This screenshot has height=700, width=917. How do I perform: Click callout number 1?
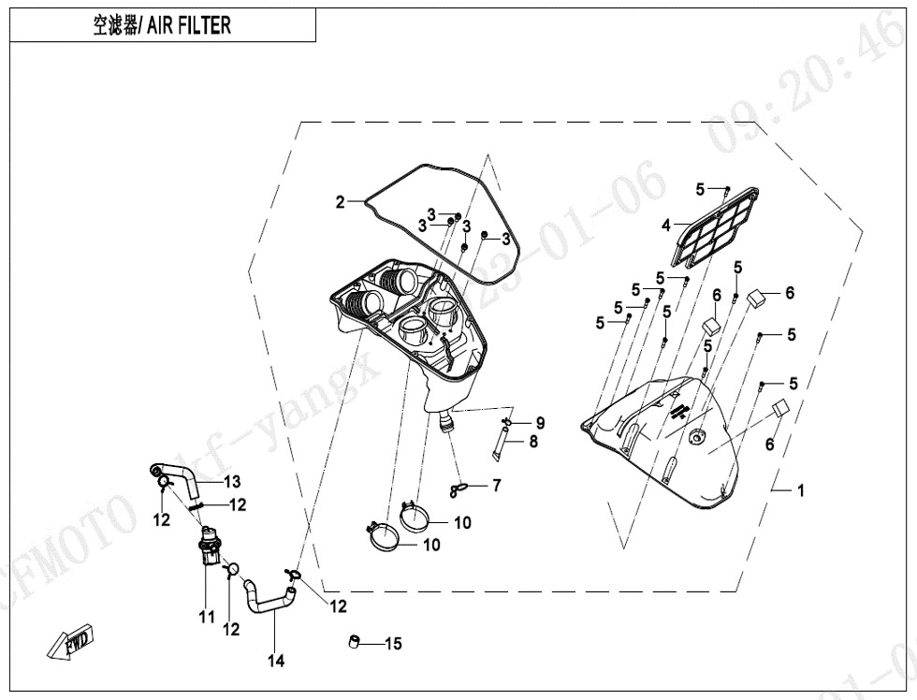pyautogui.click(x=800, y=489)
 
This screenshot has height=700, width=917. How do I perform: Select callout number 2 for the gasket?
pyautogui.click(x=342, y=201)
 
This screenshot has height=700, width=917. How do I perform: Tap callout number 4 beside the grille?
pyautogui.click(x=666, y=225)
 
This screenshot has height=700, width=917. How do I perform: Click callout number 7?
pyautogui.click(x=497, y=485)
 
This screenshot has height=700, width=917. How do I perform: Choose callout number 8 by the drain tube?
pyautogui.click(x=533, y=442)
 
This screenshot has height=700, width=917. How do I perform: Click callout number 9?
pyautogui.click(x=540, y=423)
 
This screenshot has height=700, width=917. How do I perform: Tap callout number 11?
pyautogui.click(x=205, y=618)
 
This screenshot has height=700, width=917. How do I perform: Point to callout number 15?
pyautogui.click(x=393, y=644)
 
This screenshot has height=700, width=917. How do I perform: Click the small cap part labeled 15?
pyautogui.click(x=355, y=642)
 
